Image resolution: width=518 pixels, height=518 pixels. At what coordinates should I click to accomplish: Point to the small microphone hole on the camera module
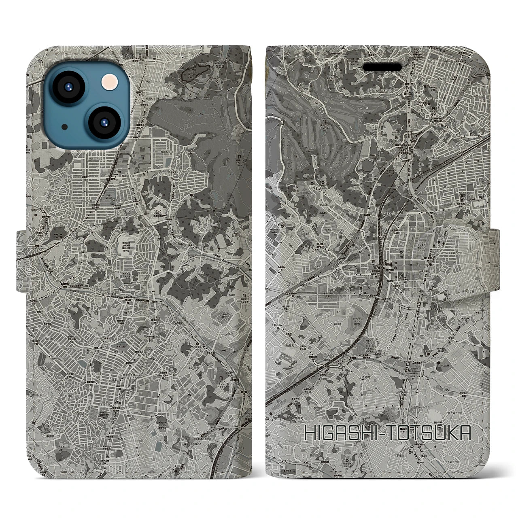pos(65,127)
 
